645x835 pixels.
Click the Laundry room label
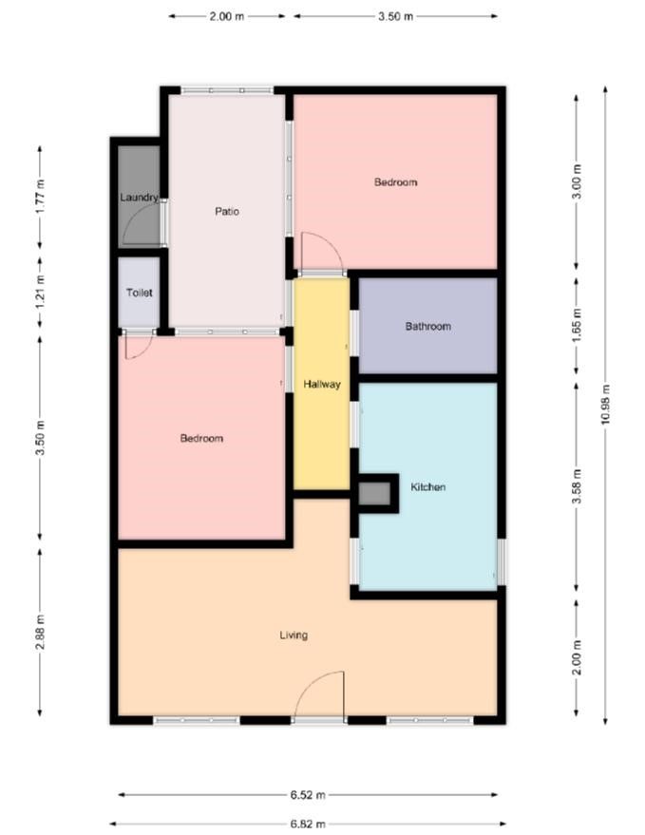click(139, 198)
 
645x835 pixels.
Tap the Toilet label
click(140, 293)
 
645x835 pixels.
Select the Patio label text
click(227, 212)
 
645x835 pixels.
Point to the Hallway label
click(322, 384)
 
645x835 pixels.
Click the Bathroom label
click(428, 326)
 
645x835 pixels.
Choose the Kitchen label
click(428, 486)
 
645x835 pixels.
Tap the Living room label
click(294, 635)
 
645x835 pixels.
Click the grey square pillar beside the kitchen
click(375, 494)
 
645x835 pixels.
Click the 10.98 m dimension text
click(605, 405)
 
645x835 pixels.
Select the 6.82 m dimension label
click(308, 824)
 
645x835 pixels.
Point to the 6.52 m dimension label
click(308, 795)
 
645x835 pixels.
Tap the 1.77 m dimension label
click(40, 197)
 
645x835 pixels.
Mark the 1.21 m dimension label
click(40, 293)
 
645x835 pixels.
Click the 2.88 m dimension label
click(40, 632)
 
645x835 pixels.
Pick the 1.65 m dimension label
click(577, 325)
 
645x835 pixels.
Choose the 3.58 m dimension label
click(577, 486)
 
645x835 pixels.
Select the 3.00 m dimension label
click(577, 182)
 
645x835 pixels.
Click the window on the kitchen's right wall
click(502, 561)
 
